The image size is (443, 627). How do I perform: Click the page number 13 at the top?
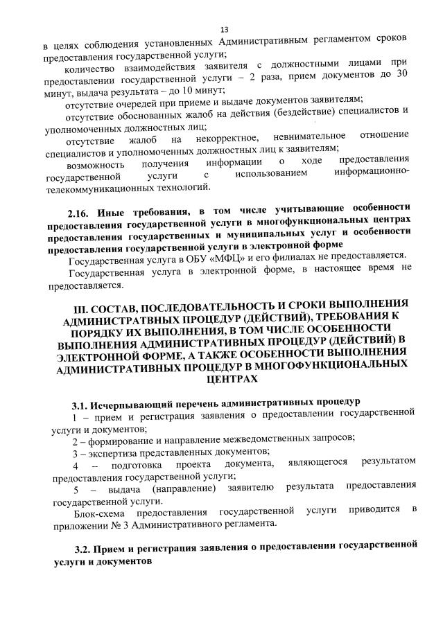(224, 29)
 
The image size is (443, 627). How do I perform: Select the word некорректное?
(225, 141)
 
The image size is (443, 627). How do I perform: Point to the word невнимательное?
(312, 141)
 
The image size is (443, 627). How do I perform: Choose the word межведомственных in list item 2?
(252, 437)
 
